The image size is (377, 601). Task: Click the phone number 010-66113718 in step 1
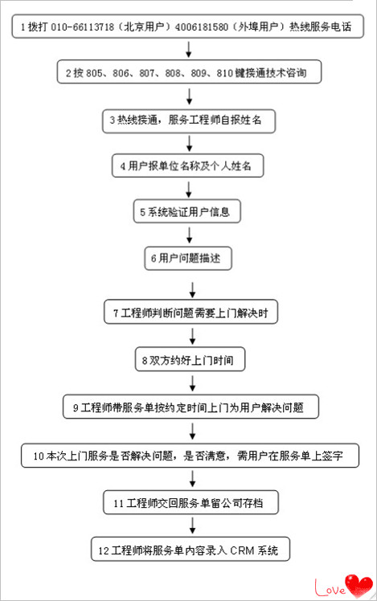coord(83,27)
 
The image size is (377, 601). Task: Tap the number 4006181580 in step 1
coord(201,27)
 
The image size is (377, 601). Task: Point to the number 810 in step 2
coord(225,73)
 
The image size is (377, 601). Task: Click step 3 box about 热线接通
coord(189,121)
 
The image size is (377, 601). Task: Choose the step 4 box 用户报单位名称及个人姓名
coord(187,166)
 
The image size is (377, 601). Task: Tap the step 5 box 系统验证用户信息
coord(186,211)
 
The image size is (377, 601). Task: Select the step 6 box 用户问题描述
coord(188,259)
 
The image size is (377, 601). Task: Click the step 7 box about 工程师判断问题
coord(191,312)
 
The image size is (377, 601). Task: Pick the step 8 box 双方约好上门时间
coord(190,359)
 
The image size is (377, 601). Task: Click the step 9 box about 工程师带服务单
coord(191,407)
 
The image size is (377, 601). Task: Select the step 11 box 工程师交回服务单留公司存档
coord(191,502)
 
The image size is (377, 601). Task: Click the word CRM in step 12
coord(242,551)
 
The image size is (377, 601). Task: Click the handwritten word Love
coord(330,587)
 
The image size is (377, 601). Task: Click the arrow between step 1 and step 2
coord(188,49)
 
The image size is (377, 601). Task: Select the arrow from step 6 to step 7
coord(193,290)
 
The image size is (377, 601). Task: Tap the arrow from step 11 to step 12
coord(193,525)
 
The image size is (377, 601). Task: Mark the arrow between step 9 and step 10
coord(193,431)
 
